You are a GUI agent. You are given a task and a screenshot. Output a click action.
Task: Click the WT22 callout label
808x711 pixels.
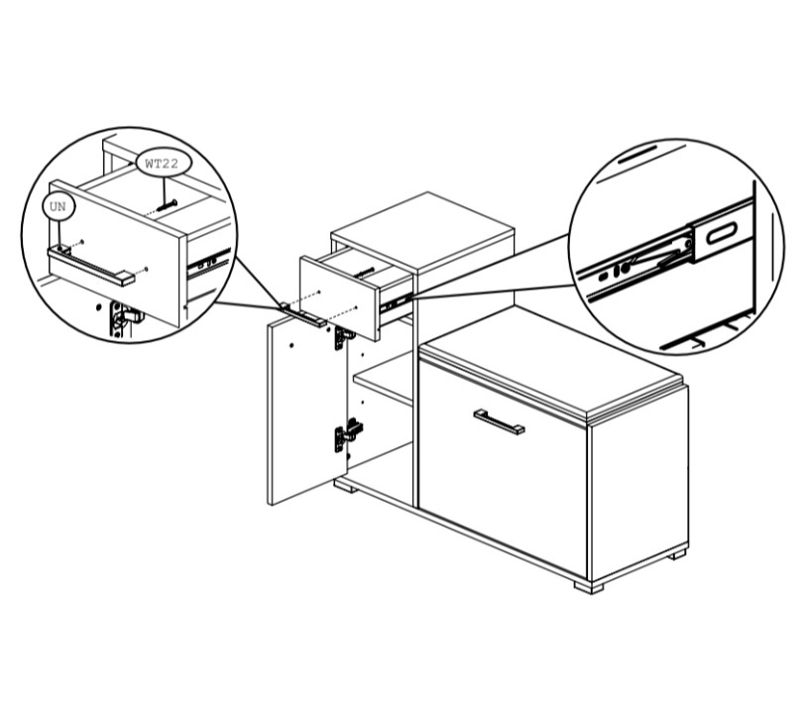tap(163, 164)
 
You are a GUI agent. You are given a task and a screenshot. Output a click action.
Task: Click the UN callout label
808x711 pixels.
tap(58, 206)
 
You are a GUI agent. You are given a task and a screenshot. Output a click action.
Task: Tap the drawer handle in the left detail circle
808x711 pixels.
tap(91, 265)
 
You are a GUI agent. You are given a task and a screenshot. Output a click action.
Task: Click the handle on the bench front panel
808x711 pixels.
tap(499, 421)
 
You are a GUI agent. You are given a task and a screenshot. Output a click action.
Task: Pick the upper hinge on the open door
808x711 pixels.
tap(344, 337)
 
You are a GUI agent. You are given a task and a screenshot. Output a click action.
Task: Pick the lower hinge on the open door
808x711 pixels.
tap(348, 434)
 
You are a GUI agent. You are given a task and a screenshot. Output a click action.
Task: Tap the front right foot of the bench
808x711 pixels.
tap(589, 587)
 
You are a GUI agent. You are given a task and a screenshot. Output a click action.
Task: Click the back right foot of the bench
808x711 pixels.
tap(677, 555)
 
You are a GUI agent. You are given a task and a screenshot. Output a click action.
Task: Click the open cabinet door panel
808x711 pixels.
tap(306, 410)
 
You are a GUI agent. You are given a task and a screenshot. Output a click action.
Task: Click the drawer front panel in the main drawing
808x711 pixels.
tap(339, 297)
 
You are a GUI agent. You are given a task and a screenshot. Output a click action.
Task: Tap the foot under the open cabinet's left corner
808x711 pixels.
tap(346, 486)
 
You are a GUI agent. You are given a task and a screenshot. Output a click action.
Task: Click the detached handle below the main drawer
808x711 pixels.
tap(303, 314)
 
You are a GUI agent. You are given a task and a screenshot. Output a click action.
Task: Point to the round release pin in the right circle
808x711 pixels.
tap(625, 268)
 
